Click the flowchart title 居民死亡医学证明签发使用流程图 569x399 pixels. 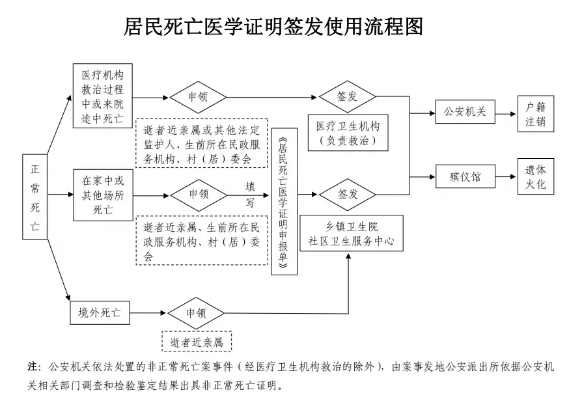(x=273, y=26)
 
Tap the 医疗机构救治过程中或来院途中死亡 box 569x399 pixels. (x=102, y=96)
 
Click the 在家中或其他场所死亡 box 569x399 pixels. (x=102, y=194)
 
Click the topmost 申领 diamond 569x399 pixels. (x=197, y=98)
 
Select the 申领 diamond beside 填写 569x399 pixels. (x=198, y=194)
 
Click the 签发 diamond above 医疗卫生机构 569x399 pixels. (x=347, y=98)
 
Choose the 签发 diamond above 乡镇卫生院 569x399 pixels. (x=347, y=194)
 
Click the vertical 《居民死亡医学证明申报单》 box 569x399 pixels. (x=284, y=201)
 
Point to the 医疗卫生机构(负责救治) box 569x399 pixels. (x=347, y=133)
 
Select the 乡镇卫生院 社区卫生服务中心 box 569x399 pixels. (x=351, y=234)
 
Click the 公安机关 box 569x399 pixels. (x=465, y=112)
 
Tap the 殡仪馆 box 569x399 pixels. (x=465, y=176)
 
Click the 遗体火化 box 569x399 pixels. (x=536, y=176)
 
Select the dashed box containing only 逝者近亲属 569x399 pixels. (x=197, y=341)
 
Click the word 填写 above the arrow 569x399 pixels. (x=250, y=194)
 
